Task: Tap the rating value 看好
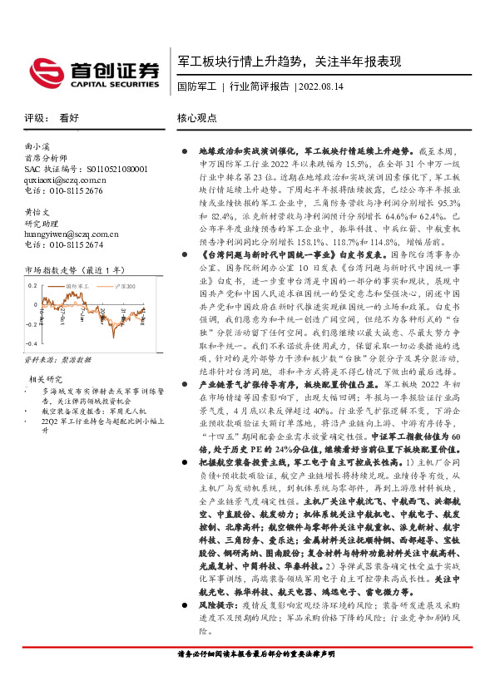[x=69, y=118]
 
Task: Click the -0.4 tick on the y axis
[x=31, y=342]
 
